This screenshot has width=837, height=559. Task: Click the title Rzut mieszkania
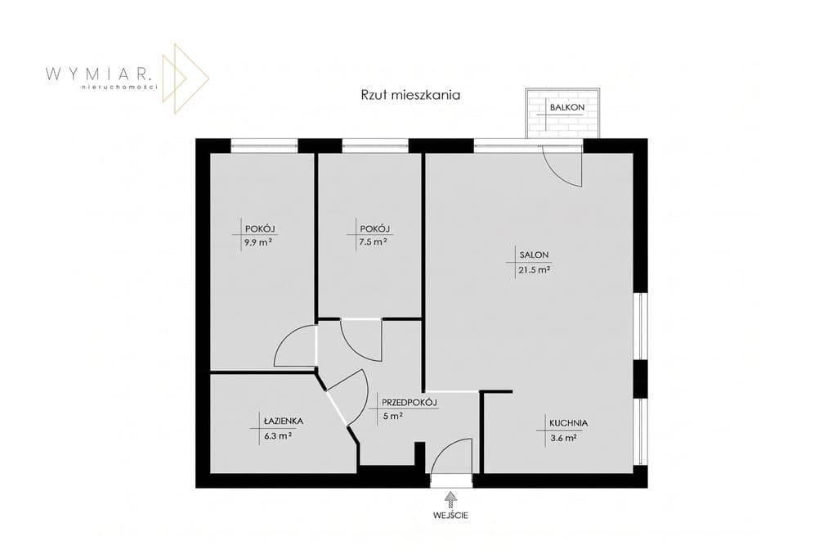point(410,96)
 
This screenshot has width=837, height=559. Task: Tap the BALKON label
point(567,107)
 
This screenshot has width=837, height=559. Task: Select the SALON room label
point(534,255)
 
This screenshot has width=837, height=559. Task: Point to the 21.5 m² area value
point(534,270)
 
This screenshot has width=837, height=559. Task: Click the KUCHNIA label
point(569,422)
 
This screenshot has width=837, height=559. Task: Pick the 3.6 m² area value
point(562,438)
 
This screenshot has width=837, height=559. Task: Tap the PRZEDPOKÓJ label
point(410,402)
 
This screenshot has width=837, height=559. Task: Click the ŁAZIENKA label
point(283,422)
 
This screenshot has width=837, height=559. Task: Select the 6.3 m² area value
point(278,435)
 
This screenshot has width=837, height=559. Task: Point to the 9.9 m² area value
point(258,242)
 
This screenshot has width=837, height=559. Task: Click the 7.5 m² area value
point(373,241)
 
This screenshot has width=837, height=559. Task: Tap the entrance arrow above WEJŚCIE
point(451,500)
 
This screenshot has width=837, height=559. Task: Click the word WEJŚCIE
point(451,516)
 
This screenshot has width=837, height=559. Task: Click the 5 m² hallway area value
point(392,416)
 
